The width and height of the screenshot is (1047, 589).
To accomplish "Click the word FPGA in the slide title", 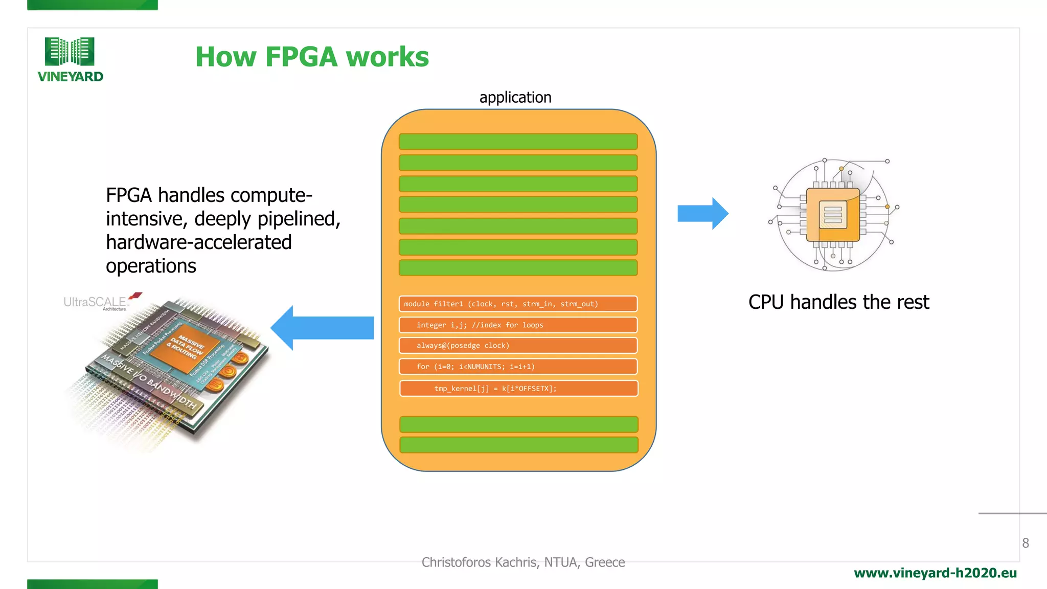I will point(301,57).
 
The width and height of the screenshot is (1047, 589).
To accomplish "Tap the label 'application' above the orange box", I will point(515,97).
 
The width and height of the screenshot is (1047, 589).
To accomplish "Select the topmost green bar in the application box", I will point(518,142).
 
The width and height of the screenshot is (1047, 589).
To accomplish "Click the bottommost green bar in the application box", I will point(518,445).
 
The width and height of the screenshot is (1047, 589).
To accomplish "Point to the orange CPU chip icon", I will point(833,215).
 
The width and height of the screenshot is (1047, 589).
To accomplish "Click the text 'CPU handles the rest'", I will point(838,302).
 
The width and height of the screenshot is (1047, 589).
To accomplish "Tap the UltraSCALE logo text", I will point(95,302).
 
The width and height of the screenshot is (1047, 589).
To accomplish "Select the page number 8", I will point(1025,543).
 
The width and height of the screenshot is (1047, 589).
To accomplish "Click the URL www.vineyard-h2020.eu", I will point(935,573).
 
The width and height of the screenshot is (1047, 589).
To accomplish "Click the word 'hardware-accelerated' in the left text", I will point(198,242).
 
